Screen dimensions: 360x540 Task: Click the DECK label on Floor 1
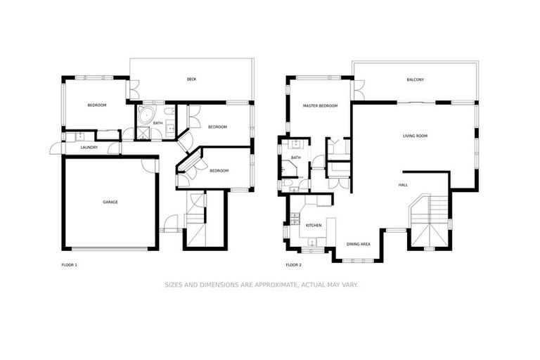click(191, 79)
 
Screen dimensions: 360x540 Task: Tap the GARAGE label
click(110, 202)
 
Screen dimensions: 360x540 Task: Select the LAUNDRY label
click(89, 148)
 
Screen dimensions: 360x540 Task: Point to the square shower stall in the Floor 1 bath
click(143, 132)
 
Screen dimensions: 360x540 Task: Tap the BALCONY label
click(415, 79)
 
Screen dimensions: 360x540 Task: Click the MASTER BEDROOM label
click(320, 106)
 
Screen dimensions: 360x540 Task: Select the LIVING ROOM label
click(415, 136)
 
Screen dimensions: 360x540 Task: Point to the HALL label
click(403, 185)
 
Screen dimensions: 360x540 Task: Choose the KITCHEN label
click(314, 225)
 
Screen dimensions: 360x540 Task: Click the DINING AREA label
click(358, 244)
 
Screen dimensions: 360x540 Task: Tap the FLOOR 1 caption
click(70, 265)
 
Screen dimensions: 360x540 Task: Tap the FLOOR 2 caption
click(293, 265)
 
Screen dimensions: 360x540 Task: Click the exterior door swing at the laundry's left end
click(55, 149)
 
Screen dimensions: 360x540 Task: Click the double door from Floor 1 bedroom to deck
click(134, 89)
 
